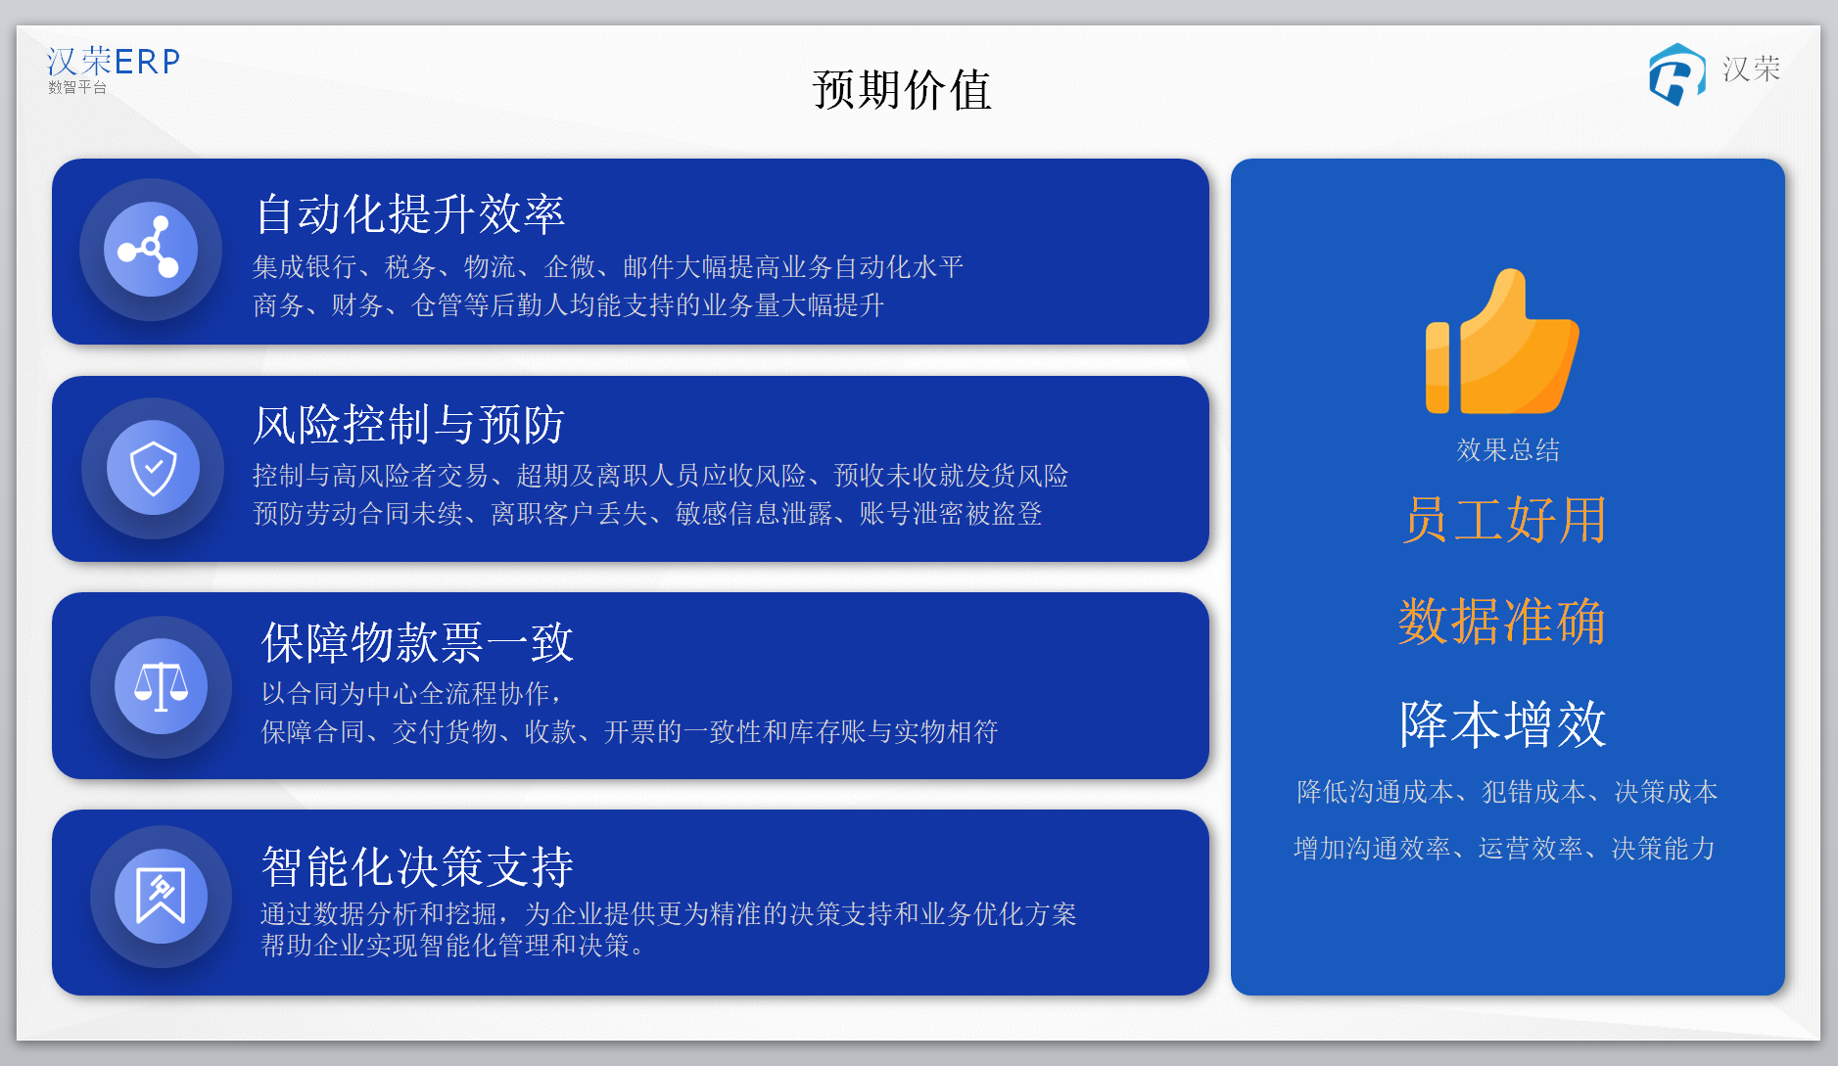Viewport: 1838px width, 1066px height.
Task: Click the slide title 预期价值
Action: (901, 90)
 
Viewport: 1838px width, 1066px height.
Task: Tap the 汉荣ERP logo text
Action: (114, 62)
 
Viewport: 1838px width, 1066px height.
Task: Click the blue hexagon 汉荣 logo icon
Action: (1676, 74)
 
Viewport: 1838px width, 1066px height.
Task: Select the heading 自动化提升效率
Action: (410, 213)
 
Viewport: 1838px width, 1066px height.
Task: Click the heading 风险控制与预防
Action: (408, 424)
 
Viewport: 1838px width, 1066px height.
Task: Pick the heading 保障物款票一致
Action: (417, 642)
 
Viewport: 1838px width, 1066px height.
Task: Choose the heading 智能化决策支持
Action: (417, 865)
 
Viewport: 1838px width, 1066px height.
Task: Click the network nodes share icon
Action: (150, 250)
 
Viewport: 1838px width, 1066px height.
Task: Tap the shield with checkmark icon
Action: (154, 468)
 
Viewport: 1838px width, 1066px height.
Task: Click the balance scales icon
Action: (161, 686)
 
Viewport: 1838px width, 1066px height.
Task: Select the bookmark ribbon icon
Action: (161, 896)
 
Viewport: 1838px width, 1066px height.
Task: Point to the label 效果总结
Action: (1508, 449)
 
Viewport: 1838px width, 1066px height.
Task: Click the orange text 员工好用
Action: (1505, 519)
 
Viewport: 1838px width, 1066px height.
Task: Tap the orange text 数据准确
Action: (1502, 621)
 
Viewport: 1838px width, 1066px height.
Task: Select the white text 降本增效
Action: (1503, 724)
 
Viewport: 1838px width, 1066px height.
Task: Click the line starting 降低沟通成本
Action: (1507, 791)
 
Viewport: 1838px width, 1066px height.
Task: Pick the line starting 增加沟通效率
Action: (1505, 848)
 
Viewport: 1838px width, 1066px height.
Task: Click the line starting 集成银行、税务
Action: (608, 266)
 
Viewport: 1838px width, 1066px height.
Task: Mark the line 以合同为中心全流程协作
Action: (412, 693)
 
